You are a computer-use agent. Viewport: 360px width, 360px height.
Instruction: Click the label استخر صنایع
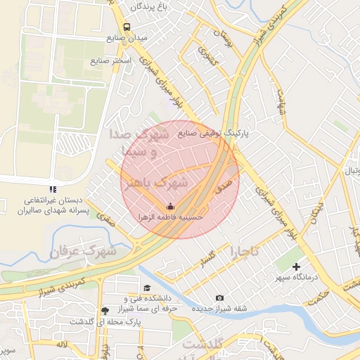pos(110,61)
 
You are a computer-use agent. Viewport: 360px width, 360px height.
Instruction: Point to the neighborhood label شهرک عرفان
pos(87,250)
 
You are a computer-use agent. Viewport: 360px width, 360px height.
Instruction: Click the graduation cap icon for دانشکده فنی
pos(147,288)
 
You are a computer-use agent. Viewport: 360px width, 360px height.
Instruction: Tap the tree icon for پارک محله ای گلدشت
pos(105,310)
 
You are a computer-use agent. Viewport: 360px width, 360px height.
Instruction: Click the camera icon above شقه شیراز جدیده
pos(219,298)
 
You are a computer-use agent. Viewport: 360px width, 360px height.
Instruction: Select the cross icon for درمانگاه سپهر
pos(296,266)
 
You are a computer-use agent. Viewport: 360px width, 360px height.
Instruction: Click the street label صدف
pos(223,188)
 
